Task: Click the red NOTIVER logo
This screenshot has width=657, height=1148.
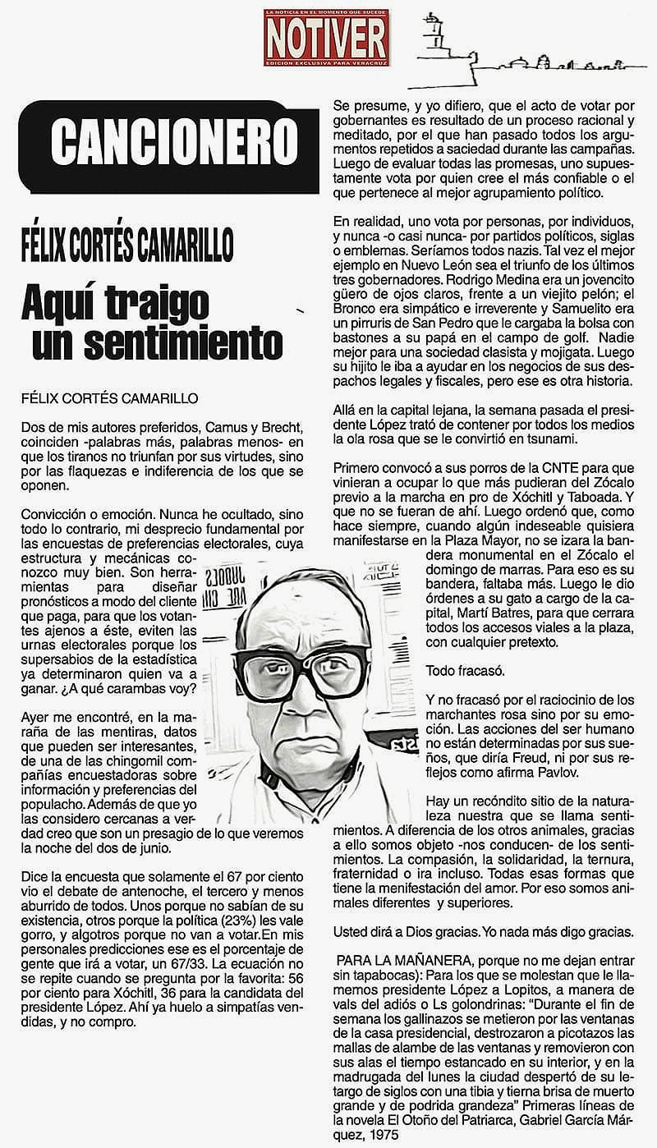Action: [326, 38]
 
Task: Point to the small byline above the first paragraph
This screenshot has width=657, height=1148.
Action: [104, 397]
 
